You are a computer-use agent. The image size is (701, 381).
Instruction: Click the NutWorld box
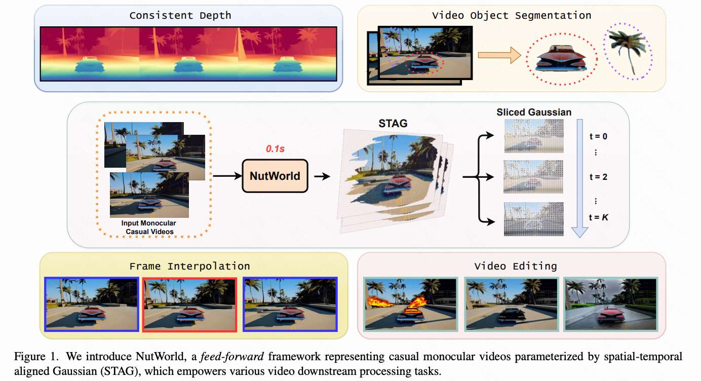pyautogui.click(x=275, y=176)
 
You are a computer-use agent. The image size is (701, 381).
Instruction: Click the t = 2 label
pyautogui.click(x=598, y=177)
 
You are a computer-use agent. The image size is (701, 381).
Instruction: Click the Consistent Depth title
pyautogui.click(x=180, y=15)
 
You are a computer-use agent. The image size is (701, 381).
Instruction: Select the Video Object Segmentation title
pyautogui.click(x=512, y=15)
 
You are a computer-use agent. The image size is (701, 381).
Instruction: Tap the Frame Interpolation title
pyautogui.click(x=189, y=265)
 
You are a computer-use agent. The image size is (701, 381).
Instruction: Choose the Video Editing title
pyautogui.click(x=516, y=265)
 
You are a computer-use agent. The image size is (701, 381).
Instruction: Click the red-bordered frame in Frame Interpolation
pyautogui.click(x=190, y=304)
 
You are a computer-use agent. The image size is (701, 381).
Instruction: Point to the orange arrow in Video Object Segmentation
pyautogui.click(x=499, y=55)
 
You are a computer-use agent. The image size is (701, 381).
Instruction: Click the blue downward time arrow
pyautogui.click(x=579, y=177)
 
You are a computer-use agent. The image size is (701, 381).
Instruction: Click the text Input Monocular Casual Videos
pyautogui.click(x=148, y=227)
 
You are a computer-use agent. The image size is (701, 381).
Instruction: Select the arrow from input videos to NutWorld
pyautogui.click(x=227, y=176)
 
